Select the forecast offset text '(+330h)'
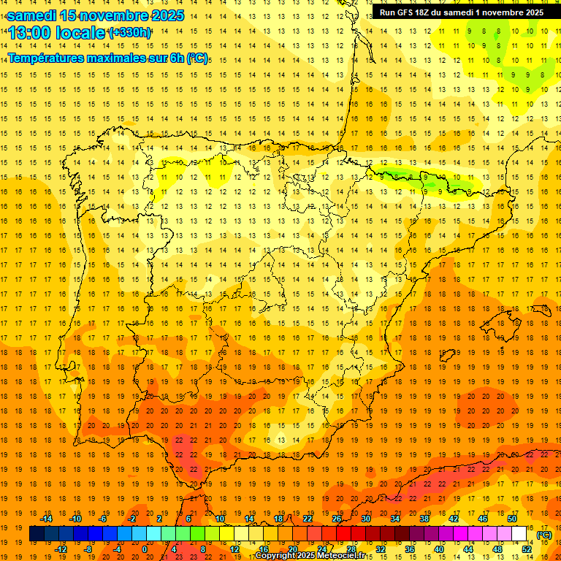130,33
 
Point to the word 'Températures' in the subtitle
47,58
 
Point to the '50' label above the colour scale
511,519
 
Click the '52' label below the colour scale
526,549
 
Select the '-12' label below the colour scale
61,549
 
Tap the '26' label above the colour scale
337,519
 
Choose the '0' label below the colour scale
145,549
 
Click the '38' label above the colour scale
424,519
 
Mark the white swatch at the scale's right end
519,534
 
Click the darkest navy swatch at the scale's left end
37,534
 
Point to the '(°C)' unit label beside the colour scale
543,535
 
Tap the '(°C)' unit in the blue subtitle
196,58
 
